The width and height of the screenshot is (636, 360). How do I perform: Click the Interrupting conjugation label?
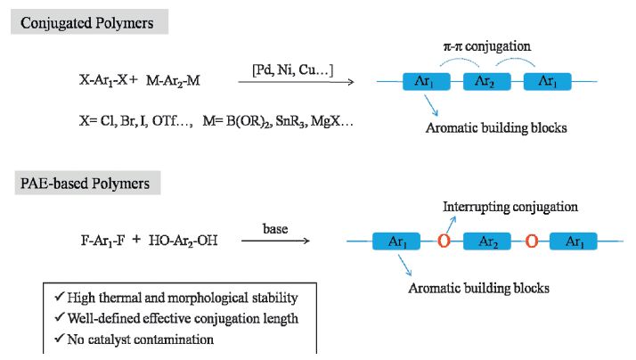tap(510, 207)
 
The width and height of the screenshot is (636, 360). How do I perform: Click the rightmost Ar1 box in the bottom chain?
tap(575, 241)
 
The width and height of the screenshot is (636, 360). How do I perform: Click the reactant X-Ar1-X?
tap(106, 81)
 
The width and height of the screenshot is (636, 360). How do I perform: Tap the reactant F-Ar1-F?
tap(104, 241)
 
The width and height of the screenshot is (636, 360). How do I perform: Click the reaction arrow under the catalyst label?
tap(296, 82)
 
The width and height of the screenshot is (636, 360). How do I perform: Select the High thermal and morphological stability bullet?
tap(175, 298)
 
